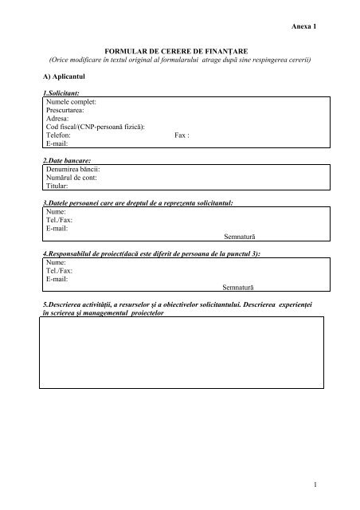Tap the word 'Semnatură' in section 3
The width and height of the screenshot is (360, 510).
tap(240, 237)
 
